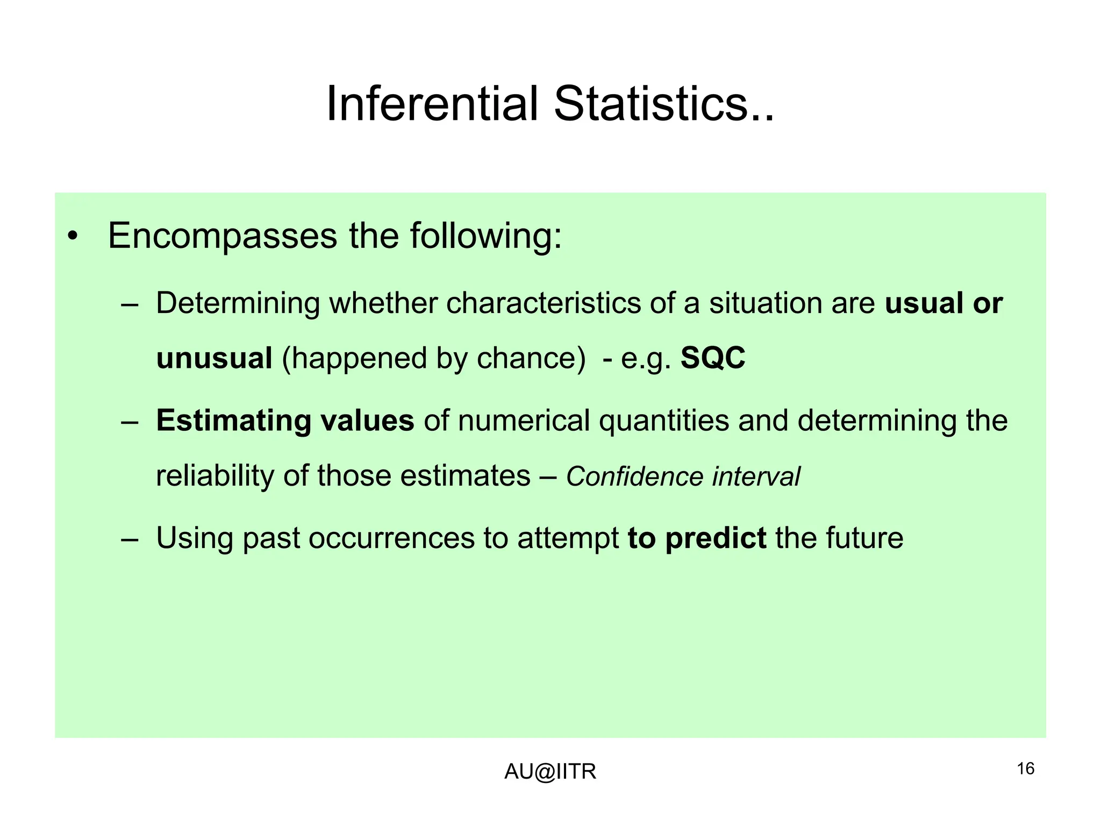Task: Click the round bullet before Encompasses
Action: click(x=73, y=237)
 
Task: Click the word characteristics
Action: click(x=543, y=303)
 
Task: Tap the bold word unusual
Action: click(x=214, y=358)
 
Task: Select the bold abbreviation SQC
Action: click(x=713, y=358)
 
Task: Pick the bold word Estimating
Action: click(x=233, y=421)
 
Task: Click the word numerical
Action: click(x=524, y=421)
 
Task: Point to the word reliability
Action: click(x=215, y=476)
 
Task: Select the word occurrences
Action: click(x=391, y=538)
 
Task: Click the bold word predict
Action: click(x=716, y=538)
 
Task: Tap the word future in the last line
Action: click(x=864, y=538)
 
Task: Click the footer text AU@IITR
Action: click(x=550, y=772)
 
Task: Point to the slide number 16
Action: click(x=1025, y=769)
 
